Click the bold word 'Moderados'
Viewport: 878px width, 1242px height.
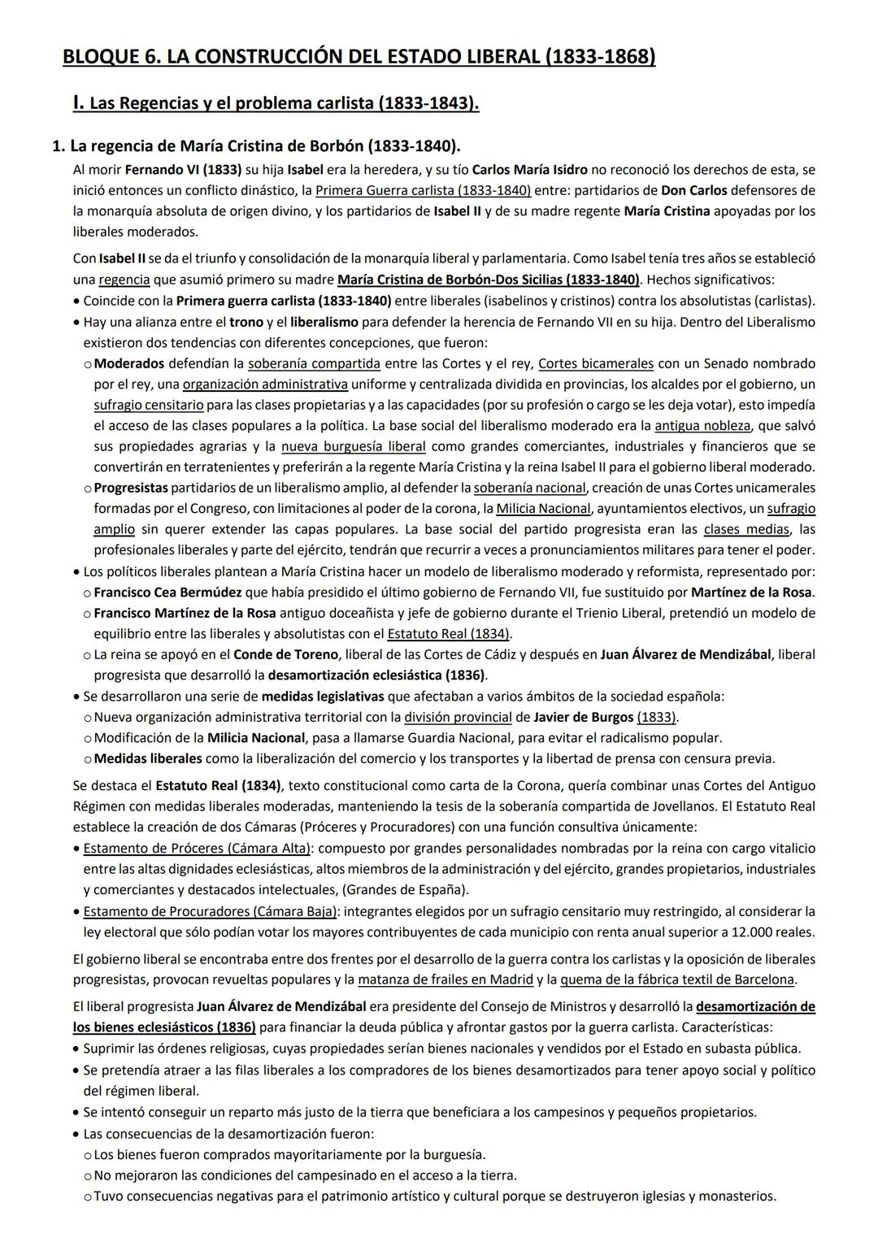(x=129, y=363)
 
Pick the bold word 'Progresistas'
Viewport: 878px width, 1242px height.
(x=131, y=488)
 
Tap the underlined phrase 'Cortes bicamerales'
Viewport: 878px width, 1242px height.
(x=596, y=363)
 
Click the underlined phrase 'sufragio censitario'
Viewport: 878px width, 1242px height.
(x=148, y=405)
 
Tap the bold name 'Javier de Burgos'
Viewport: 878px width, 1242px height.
(x=583, y=717)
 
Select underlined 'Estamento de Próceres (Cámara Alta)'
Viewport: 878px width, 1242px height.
(x=197, y=848)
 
